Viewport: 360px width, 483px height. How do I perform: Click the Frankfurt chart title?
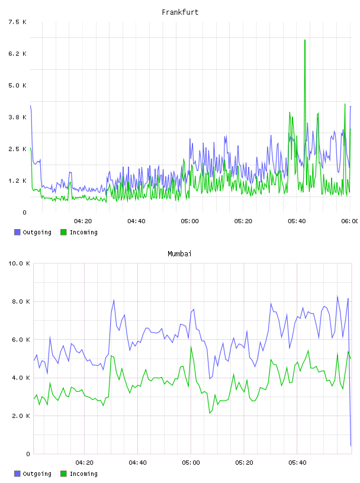[x=180, y=12]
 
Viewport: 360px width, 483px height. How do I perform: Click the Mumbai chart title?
[x=179, y=254]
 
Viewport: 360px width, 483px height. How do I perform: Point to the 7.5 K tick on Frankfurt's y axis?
[x=18, y=22]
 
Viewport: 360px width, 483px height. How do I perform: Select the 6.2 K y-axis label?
[x=18, y=54]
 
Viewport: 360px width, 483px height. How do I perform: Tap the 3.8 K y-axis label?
[x=18, y=117]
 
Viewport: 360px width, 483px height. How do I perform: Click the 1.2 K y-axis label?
[x=18, y=181]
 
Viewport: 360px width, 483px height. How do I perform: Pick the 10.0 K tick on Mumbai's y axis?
[x=19, y=263]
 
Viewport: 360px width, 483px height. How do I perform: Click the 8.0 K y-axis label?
[x=21, y=301]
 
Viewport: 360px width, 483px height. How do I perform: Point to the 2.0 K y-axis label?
[x=21, y=416]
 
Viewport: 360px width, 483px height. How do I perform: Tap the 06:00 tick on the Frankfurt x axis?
[x=350, y=221]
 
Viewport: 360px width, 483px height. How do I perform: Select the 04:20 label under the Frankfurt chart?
[x=83, y=221]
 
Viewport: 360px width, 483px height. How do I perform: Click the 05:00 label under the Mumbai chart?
[x=191, y=463]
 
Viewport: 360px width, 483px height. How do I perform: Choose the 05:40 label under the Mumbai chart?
[x=297, y=463]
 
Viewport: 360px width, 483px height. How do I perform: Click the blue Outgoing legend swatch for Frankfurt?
[x=17, y=232]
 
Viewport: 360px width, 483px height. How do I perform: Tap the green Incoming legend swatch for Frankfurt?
[x=63, y=232]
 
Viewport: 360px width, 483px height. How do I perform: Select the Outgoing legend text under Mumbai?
[x=37, y=474]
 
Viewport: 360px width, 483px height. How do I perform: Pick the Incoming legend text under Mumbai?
[x=83, y=474]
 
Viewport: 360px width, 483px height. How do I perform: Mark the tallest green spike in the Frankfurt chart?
[x=305, y=40]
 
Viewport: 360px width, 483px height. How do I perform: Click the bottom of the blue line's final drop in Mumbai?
[x=351, y=446]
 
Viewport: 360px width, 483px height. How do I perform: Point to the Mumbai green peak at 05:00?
[x=191, y=347]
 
